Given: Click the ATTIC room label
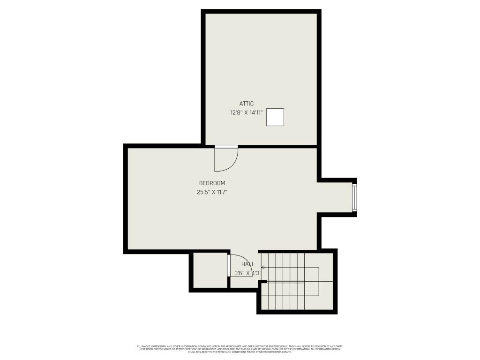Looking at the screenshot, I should [x=246, y=104].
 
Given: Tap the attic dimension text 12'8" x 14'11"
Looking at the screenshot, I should [x=246, y=112].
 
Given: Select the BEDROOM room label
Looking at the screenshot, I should [x=212, y=183].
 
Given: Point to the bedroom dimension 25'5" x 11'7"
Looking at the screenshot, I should [x=212, y=192].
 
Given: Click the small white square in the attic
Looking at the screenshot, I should [x=275, y=117].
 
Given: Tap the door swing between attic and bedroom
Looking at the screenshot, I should [x=227, y=159].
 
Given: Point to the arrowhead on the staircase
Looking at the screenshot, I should [x=263, y=268].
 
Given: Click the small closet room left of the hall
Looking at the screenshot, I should [x=210, y=270].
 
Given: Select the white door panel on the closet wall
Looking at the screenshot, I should [x=228, y=266].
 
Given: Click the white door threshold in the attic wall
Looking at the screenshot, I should [x=226, y=147].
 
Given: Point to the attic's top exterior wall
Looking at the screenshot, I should [x=261, y=11].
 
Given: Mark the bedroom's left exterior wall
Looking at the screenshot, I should [x=126, y=199].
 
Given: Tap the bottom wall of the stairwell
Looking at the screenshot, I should [x=297, y=311].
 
